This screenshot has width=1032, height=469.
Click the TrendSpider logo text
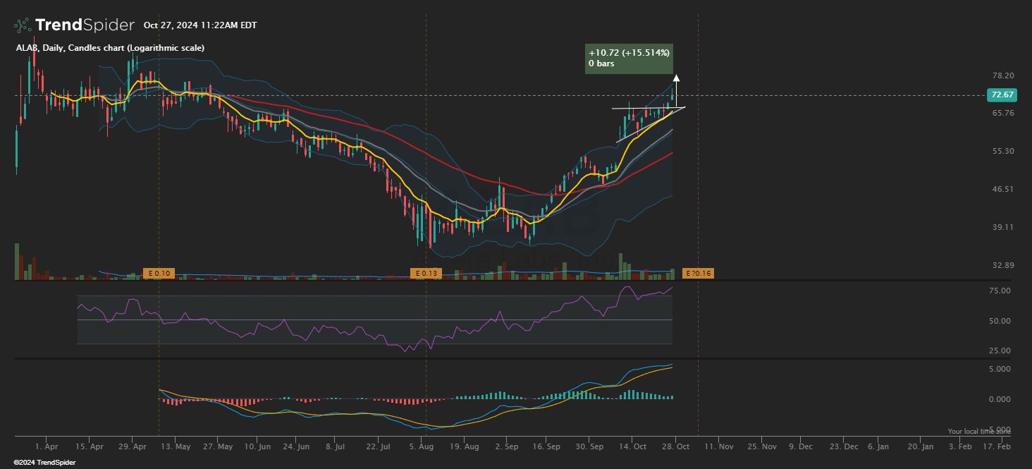click(84, 25)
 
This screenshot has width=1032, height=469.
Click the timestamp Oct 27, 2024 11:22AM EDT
click(200, 25)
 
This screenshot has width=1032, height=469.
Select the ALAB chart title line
click(110, 48)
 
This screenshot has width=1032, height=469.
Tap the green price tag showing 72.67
click(1002, 95)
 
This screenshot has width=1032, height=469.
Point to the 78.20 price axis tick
click(1002, 75)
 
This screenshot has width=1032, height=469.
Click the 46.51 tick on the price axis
click(1002, 189)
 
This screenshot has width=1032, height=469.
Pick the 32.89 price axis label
click(1002, 265)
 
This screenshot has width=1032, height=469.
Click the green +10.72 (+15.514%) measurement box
click(629, 59)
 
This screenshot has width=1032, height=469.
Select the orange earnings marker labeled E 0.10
click(159, 273)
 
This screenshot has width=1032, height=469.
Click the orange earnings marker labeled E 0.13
click(426, 273)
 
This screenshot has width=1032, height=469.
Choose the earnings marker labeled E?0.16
click(698, 273)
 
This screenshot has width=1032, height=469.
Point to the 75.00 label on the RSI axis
click(1000, 291)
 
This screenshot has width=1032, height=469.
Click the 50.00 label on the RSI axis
click(1000, 321)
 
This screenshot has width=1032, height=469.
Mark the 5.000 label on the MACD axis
click(1000, 369)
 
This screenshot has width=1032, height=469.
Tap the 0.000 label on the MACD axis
click(1000, 399)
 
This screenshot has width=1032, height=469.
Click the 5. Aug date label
click(421, 446)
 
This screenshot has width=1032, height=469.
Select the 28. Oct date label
click(675, 446)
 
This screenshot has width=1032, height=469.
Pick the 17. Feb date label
click(997, 446)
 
